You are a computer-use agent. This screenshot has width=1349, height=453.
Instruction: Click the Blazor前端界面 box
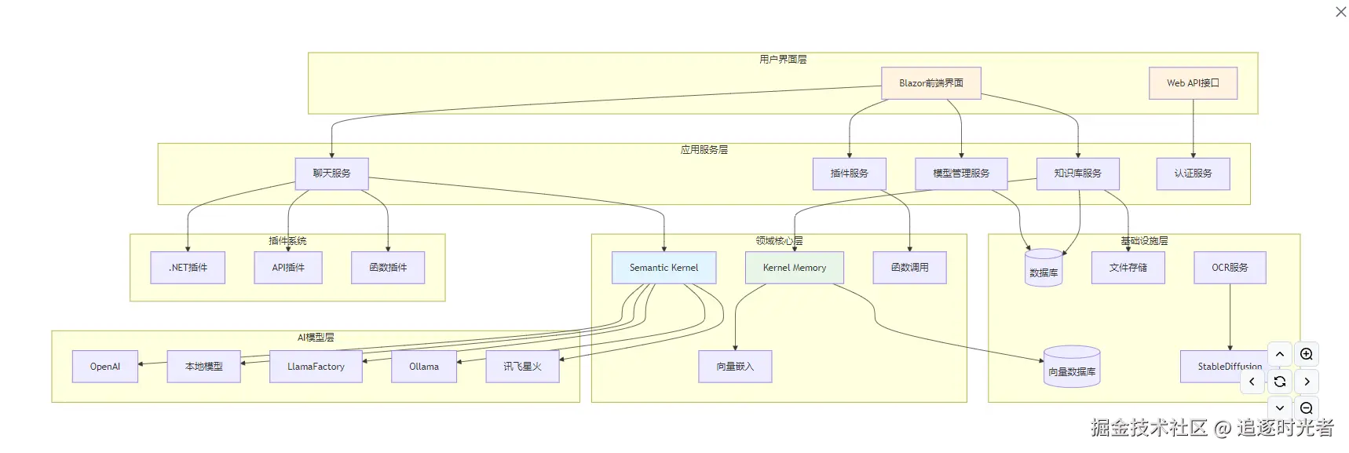coord(930,83)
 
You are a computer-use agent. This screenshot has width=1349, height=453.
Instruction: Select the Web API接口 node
coord(1193,83)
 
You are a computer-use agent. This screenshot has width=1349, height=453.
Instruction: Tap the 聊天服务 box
coord(331,174)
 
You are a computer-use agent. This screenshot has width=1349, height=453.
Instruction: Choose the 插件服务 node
coord(849,174)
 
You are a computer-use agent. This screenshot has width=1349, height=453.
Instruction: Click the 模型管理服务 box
coord(960,174)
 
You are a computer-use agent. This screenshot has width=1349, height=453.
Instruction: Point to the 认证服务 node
coord(1193,174)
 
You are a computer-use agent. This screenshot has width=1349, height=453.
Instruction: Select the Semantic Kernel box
coord(664,268)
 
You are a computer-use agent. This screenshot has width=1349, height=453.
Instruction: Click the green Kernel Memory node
coord(794,268)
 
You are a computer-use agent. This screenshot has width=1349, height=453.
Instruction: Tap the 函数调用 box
coord(909,268)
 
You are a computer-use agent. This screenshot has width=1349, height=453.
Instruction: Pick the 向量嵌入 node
coord(735,367)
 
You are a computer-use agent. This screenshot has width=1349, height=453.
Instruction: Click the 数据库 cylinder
coord(1044,269)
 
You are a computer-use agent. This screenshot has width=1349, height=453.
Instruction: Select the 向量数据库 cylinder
coord(1072,367)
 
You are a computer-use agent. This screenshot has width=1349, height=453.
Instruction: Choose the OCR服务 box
coord(1230,268)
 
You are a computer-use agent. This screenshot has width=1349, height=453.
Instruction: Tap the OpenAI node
coord(105,367)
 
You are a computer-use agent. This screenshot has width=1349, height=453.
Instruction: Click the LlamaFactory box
coord(316,367)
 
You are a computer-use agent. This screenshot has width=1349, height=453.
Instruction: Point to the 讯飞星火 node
coord(522,367)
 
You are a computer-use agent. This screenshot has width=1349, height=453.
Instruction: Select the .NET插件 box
coord(188,268)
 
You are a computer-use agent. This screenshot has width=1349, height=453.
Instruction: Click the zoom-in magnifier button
coord(1307,354)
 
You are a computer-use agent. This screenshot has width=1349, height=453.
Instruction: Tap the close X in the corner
coord(1341,12)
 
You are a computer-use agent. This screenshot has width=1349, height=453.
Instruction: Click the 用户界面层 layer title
coord(783,60)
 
